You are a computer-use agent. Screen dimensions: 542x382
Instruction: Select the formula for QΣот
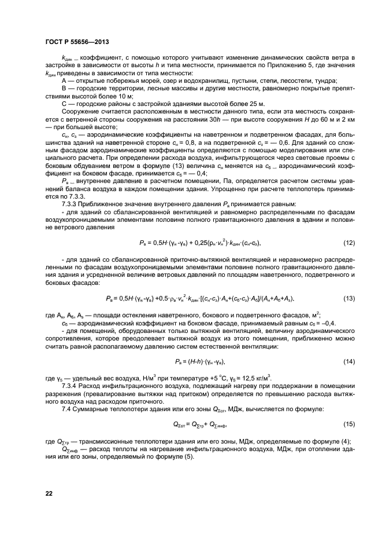pyautogui.click(x=198, y=424)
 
